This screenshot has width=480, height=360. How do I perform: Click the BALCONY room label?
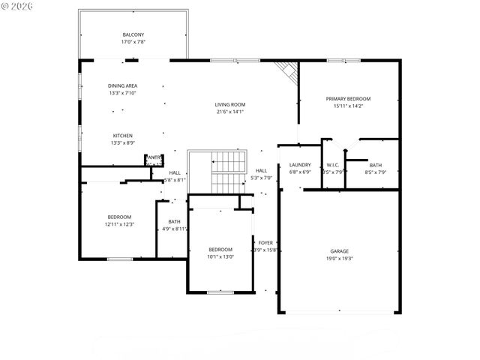133,34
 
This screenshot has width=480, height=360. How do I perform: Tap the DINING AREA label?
123,85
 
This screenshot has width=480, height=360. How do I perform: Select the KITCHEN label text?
123,136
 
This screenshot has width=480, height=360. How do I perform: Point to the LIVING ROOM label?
230,104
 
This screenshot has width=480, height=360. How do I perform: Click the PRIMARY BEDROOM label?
348,98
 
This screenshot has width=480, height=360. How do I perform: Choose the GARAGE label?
340,251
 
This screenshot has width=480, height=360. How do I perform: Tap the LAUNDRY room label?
300,164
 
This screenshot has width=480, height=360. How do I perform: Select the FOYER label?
266,242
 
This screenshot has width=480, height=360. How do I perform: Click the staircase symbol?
228,170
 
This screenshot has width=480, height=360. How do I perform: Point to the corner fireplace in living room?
286,70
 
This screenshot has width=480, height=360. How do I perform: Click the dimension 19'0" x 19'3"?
340,259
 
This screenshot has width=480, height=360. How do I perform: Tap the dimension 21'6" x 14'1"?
230,112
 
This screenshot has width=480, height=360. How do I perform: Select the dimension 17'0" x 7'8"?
133,42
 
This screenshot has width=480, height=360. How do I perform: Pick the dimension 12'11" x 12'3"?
118,224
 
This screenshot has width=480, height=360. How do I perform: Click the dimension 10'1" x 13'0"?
220,256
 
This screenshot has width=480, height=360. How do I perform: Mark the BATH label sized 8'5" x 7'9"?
375,164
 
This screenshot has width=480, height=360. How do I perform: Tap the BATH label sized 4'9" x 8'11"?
174,221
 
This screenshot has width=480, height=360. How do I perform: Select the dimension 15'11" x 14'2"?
348,106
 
